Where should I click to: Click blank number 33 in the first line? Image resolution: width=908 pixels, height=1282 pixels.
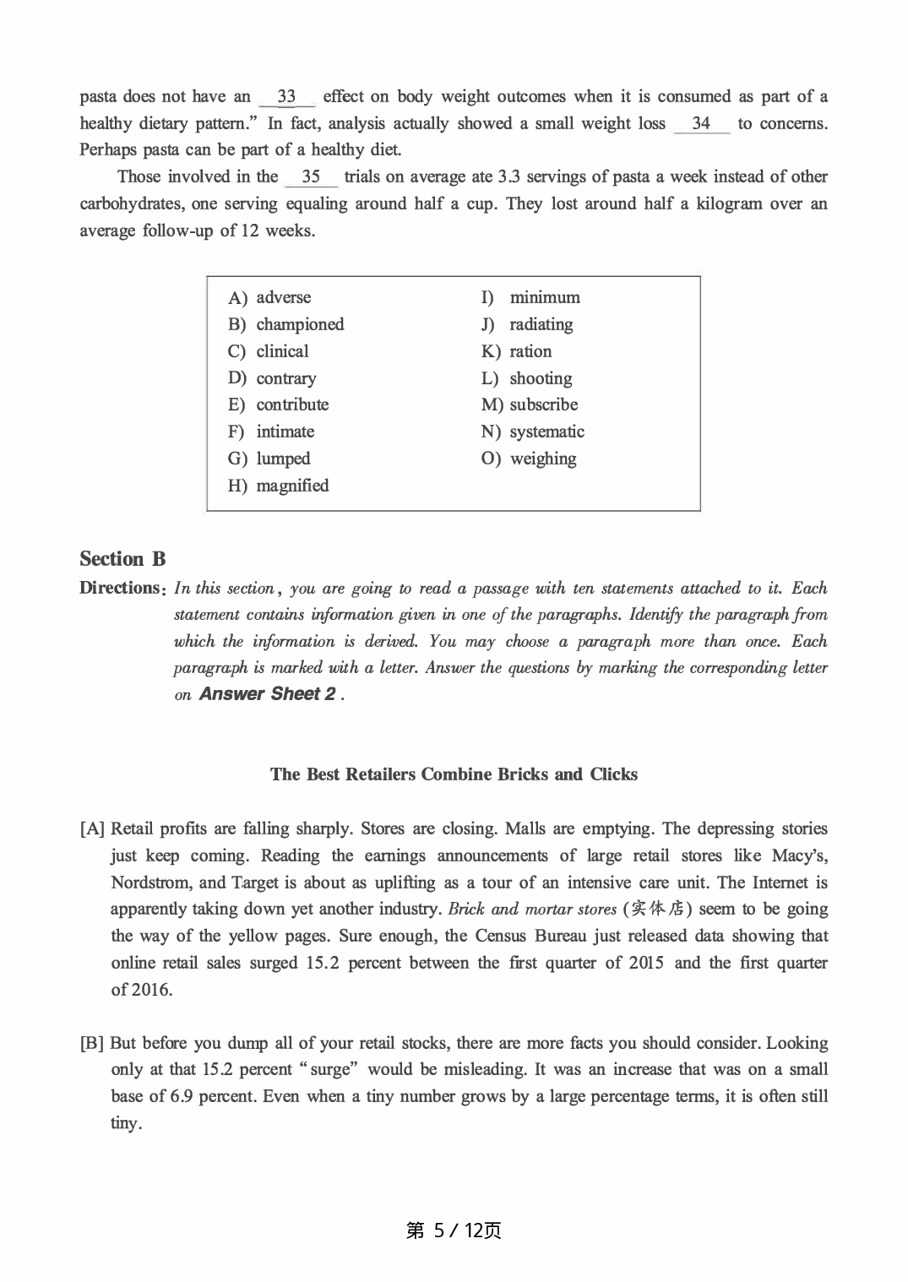click(286, 96)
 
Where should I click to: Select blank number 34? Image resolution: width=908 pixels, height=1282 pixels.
click(701, 123)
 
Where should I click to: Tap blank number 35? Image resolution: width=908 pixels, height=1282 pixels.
click(311, 177)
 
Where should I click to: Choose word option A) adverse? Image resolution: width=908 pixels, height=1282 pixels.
click(270, 297)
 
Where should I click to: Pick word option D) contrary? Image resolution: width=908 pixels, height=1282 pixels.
click(273, 378)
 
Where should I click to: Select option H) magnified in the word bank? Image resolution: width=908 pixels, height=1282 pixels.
click(279, 486)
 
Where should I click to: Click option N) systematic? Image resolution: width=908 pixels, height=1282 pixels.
click(533, 432)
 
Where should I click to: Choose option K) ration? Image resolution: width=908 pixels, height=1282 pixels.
click(517, 351)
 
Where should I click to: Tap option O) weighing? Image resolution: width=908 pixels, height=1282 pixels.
click(530, 459)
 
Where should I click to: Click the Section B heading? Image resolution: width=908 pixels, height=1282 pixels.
click(122, 559)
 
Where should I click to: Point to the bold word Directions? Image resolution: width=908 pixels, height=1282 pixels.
click(119, 588)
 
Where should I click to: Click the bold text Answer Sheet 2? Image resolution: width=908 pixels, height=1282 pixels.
click(267, 694)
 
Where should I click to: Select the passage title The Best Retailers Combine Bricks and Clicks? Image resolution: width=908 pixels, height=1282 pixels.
click(454, 774)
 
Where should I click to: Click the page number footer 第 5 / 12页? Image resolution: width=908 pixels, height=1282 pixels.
click(454, 1230)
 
